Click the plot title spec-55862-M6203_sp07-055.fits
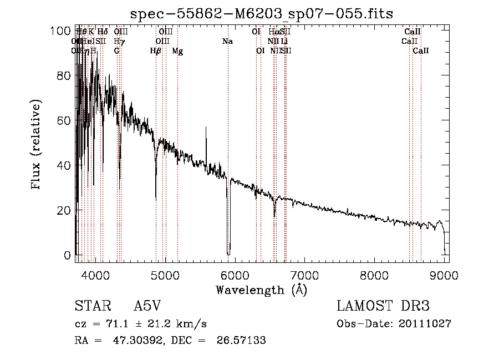pyautogui.click(x=262, y=13)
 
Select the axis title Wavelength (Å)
pyautogui.click(x=261, y=290)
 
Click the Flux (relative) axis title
pyautogui.click(x=37, y=145)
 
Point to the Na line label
pyautogui.click(x=227, y=41)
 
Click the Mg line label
pyautogui.click(x=177, y=51)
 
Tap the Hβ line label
pyautogui.click(x=156, y=51)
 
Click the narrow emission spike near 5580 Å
pyautogui.click(x=206, y=129)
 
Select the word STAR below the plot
pyautogui.click(x=92, y=306)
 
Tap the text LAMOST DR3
pyautogui.click(x=383, y=306)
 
